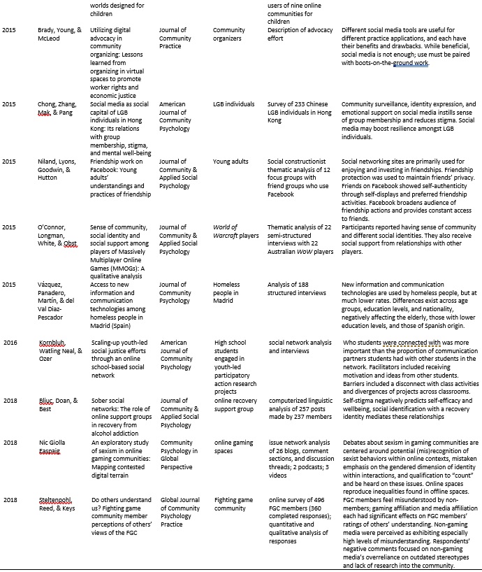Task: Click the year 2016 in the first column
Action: (x=9, y=343)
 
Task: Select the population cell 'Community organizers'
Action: (x=229, y=35)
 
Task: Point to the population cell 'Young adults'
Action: (x=231, y=162)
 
